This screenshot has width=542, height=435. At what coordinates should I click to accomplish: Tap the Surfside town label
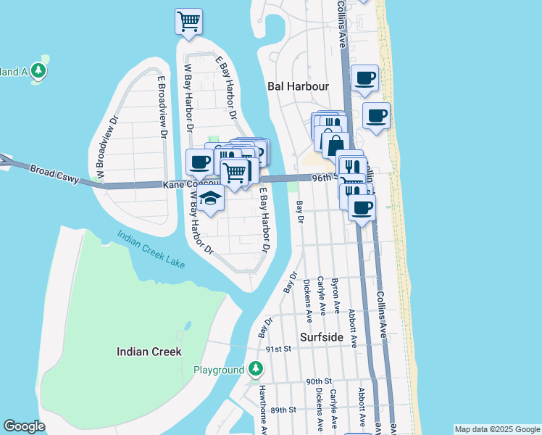point(324,336)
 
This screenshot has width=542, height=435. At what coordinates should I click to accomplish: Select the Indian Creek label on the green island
point(149,352)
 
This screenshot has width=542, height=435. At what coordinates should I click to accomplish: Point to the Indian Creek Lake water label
point(151,249)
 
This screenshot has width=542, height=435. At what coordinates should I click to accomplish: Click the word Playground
point(218,370)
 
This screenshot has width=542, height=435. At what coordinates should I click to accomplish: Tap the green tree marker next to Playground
point(255,369)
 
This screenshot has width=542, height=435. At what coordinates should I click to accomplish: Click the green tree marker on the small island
point(38,70)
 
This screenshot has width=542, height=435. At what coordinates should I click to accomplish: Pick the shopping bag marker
point(335,145)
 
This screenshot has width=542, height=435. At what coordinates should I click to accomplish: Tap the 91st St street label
point(278,349)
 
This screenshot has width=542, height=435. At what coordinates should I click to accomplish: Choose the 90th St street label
point(318,381)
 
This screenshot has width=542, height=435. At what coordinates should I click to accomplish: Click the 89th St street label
point(283,410)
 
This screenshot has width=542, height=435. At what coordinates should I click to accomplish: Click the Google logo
point(25,426)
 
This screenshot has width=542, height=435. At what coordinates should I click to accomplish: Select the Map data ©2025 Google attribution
point(496,429)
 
